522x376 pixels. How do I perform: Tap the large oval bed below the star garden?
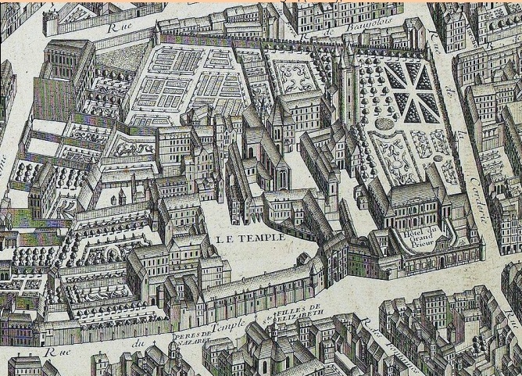point(385,124)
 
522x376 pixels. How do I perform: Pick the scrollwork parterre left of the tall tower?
point(295,76)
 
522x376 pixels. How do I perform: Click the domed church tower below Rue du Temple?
point(174,353)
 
